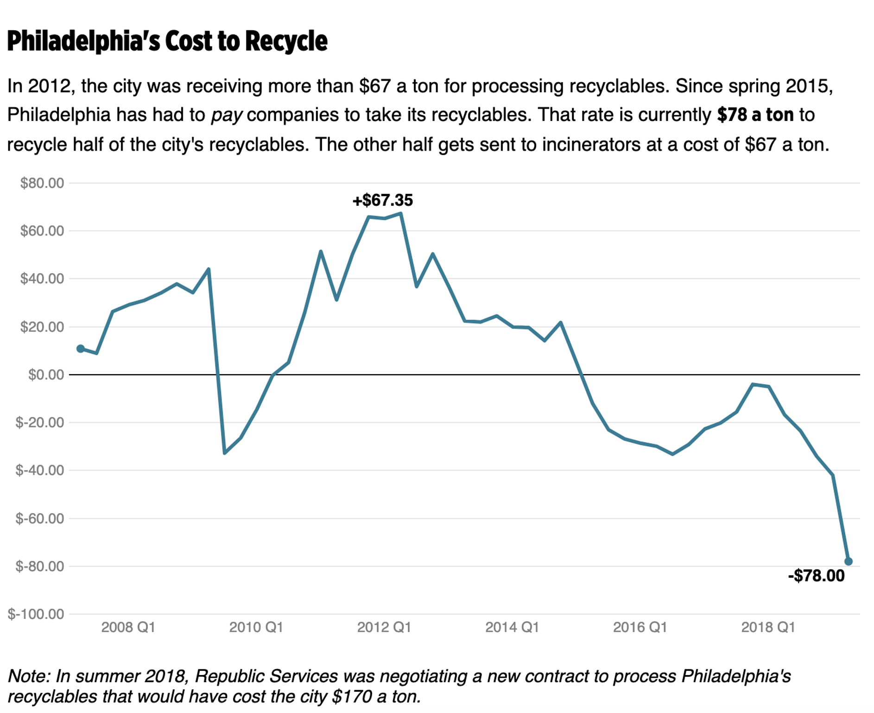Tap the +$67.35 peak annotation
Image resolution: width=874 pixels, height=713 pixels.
[382, 200]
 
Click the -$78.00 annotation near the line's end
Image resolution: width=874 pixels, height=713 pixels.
[816, 576]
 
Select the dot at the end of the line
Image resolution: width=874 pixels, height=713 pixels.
[849, 561]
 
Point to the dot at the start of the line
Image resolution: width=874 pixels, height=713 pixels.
[81, 349]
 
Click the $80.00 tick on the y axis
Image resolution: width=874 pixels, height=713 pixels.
[42, 183]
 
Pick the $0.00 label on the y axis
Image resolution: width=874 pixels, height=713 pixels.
[46, 375]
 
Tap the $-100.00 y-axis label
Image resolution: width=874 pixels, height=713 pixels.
[36, 614]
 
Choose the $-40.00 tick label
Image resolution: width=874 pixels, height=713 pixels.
[40, 471]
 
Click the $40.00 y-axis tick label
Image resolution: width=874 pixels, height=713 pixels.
[42, 279]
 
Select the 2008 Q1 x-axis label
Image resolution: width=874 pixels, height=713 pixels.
[128, 627]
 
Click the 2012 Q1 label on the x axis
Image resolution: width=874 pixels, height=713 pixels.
[384, 627]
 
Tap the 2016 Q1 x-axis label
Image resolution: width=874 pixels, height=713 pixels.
[640, 627]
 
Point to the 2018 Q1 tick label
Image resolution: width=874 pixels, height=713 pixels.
[768, 627]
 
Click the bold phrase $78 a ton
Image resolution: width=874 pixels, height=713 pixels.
[755, 115]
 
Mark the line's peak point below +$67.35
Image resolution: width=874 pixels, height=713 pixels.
[401, 213]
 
